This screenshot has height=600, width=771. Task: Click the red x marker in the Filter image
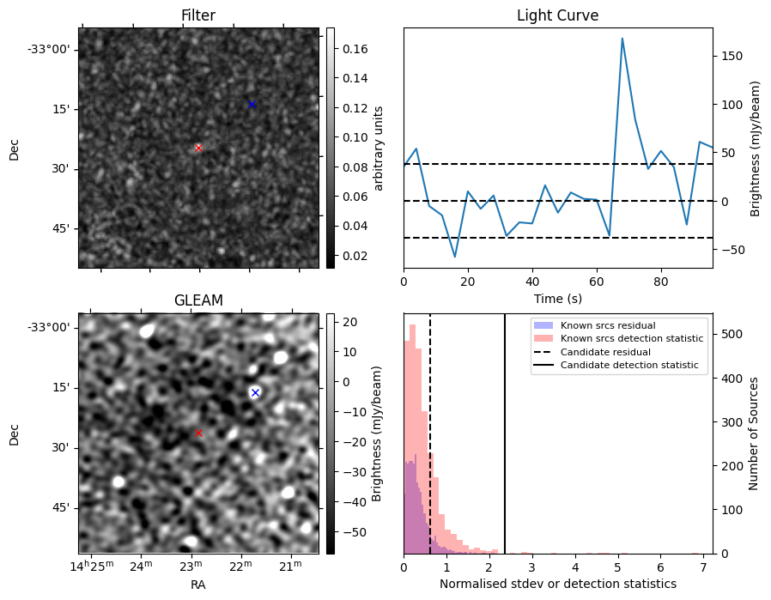click(198, 148)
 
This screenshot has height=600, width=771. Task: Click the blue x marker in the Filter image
click(252, 104)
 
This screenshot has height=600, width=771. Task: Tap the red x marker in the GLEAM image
click(198, 433)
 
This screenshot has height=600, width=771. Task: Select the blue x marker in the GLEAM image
click(255, 392)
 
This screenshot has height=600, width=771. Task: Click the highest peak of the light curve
click(622, 39)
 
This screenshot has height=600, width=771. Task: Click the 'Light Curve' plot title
click(557, 15)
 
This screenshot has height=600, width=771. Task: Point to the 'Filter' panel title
click(198, 15)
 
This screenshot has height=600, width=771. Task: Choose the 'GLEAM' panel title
click(198, 300)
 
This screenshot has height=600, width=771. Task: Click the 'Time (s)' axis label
click(557, 297)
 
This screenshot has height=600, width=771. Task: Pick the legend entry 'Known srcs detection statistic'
click(632, 338)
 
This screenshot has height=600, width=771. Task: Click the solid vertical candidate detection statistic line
click(505, 446)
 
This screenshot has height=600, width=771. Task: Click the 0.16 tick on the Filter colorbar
click(351, 49)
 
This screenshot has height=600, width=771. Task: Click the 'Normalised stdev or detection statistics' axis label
click(557, 584)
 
